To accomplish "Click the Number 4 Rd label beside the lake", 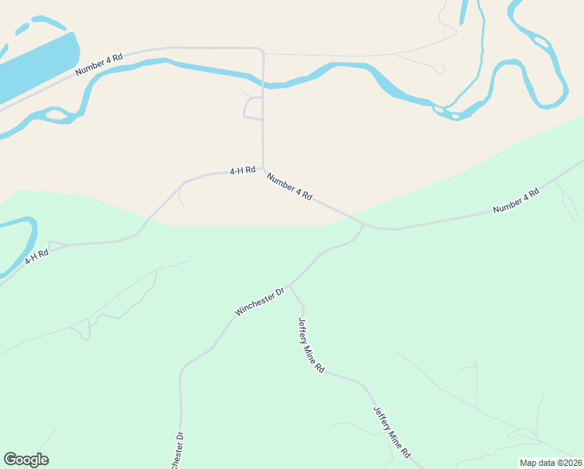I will pos(99,64).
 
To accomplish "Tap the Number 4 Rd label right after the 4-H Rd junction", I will pos(289,188).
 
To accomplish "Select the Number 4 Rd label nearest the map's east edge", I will pos(516,202).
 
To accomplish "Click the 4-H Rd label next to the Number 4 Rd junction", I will pos(242,170).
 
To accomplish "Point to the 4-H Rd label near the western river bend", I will pos(36,255).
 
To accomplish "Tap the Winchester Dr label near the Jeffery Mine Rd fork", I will pos(262,301).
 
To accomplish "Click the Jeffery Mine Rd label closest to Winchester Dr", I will pos(311,345).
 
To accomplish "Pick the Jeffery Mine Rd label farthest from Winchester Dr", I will pos(391,431).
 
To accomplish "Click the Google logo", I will pos(26,460).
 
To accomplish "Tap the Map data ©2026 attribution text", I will pos(551,463).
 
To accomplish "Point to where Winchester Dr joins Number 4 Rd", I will pos(364,225).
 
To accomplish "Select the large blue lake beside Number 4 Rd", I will pos(35,66).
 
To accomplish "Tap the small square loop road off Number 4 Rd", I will pos(253,108).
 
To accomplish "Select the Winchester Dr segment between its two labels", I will pos(199,356).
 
